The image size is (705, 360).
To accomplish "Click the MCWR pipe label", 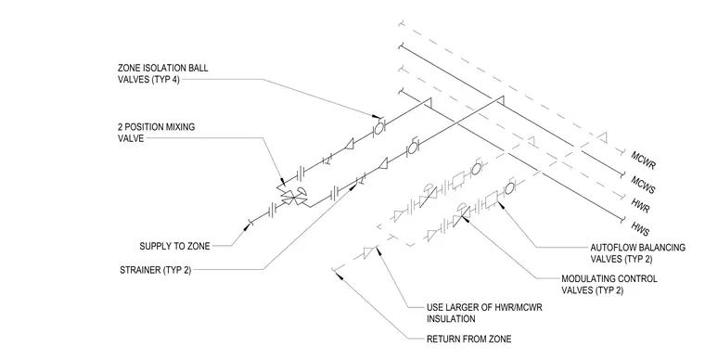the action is pos(644,160).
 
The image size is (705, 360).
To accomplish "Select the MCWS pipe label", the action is pos(643,185).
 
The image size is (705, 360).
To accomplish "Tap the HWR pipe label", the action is pos(640,205).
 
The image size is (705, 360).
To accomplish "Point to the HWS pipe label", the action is pos(640,229).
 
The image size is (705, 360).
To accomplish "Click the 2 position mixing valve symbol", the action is pos(293,197).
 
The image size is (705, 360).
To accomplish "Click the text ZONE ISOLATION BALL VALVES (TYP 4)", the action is pos(162,74).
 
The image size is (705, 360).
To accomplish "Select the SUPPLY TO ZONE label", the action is pos(174,246).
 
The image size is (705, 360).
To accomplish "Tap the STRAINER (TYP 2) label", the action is pos(156,270).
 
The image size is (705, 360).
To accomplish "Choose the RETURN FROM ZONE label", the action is pos(468,339).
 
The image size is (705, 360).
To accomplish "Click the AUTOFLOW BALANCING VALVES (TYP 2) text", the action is pos(637,253).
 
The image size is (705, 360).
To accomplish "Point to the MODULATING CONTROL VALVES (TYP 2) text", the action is pos(609,285).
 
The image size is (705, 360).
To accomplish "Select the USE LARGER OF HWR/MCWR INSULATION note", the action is pos(484,314).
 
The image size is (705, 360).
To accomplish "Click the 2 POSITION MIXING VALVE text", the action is pos(156,133).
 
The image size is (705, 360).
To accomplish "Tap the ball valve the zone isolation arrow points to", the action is pos(379,128).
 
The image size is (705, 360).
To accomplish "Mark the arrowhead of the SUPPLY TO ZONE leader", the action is pos(246,227).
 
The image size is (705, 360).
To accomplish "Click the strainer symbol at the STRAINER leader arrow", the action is pos(360,181).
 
